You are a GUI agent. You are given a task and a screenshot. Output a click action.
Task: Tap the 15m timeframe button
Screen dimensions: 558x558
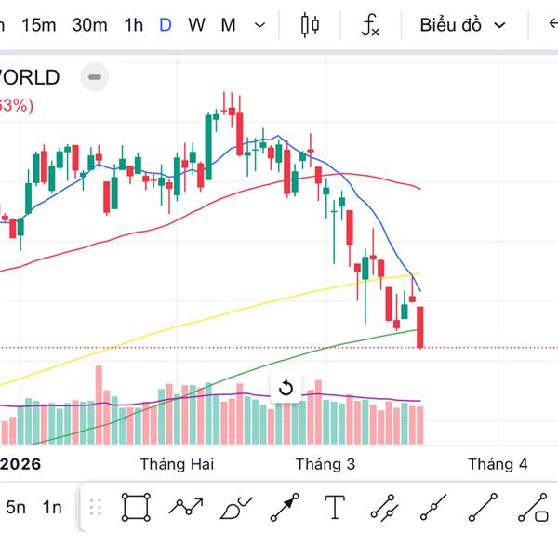[x=39, y=25]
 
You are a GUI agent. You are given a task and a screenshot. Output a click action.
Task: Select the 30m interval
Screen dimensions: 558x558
[x=89, y=25]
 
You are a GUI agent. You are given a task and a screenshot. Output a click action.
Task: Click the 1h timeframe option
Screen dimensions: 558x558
[x=134, y=25]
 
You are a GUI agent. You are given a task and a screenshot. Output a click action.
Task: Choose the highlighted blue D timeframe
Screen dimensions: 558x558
[x=166, y=25]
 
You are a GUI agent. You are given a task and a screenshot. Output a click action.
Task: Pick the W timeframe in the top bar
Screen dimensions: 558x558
[x=196, y=25]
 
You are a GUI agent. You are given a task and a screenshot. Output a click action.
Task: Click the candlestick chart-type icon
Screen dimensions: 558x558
[x=310, y=25]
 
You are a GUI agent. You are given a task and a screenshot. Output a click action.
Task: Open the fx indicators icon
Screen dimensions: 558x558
[x=370, y=25]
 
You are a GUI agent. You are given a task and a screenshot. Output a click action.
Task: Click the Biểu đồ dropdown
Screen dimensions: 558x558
[x=462, y=25]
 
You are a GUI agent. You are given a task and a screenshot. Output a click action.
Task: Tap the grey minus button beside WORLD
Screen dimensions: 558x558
[x=94, y=77]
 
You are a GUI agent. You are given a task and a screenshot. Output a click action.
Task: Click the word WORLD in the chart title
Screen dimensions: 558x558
[x=30, y=77]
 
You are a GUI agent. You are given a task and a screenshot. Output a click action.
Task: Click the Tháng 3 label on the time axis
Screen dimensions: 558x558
[x=325, y=463]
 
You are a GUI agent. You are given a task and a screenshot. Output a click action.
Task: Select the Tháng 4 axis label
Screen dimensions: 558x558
[x=498, y=463]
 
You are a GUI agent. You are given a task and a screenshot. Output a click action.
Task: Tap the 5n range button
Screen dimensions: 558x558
[x=16, y=507]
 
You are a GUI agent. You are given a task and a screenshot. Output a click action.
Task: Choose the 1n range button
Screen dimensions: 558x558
[x=52, y=507]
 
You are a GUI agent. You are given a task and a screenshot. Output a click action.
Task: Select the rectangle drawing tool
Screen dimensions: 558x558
[x=136, y=507]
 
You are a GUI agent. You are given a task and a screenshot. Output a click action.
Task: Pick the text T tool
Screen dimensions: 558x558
[x=335, y=507]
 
